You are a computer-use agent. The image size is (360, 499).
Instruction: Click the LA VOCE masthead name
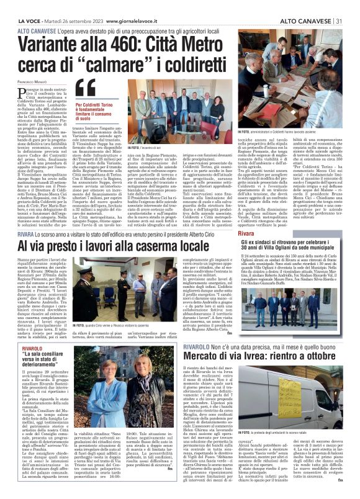30,5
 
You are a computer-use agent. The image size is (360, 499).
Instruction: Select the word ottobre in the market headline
319,356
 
